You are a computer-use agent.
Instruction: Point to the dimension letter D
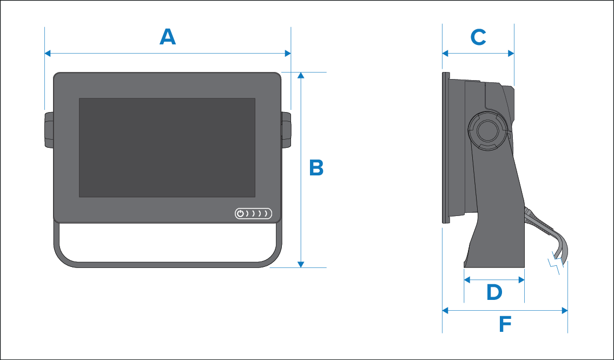pos(494,293)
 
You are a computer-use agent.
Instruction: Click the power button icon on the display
pos(241,213)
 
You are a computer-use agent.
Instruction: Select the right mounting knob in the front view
pos(286,129)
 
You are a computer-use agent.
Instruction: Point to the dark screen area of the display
pos(167,147)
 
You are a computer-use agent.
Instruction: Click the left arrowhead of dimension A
pos(48,53)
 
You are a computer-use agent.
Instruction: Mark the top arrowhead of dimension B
pos(301,75)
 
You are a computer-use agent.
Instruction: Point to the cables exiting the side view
pos(546,233)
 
